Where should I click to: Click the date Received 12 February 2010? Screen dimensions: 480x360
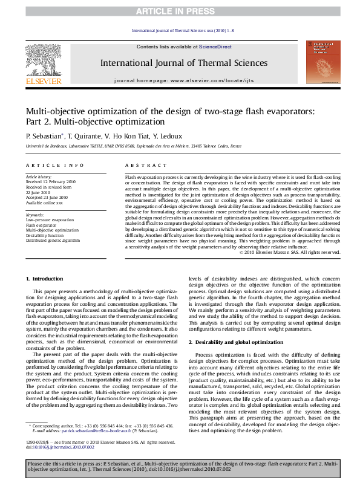click(50, 181)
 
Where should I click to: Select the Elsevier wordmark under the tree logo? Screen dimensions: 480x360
click(43, 81)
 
